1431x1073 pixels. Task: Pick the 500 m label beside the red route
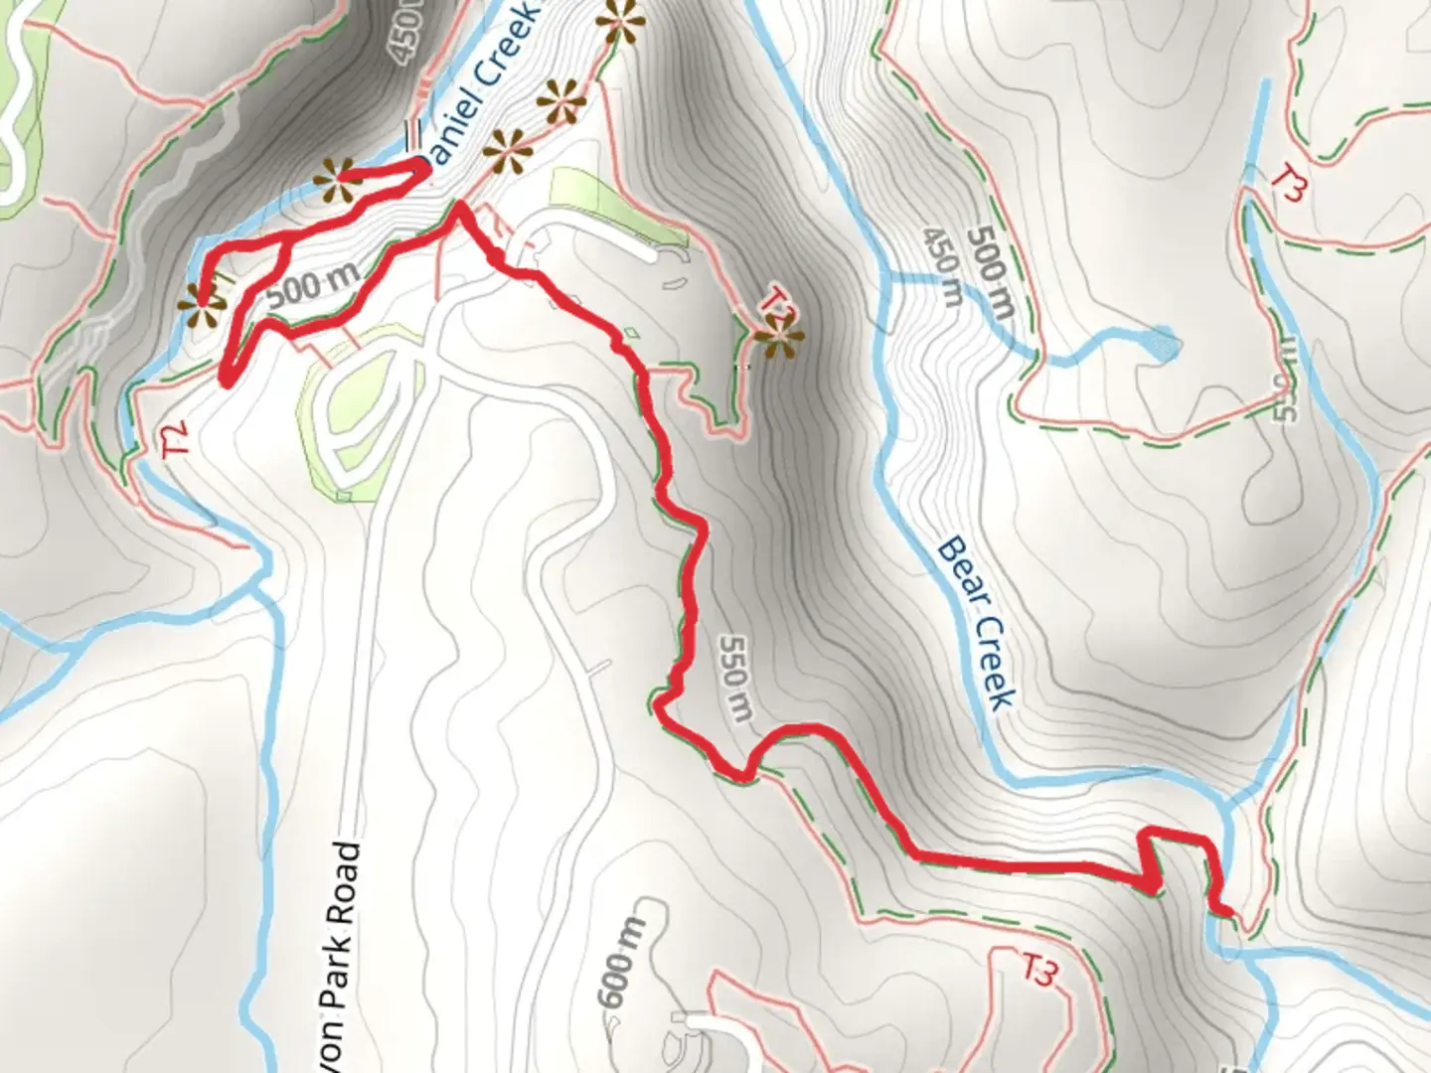pos(312,288)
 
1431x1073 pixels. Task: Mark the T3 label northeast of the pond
pos(1290,184)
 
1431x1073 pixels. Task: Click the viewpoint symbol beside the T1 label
pos(779,338)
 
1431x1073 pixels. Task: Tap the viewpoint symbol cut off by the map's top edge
pos(621,20)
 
